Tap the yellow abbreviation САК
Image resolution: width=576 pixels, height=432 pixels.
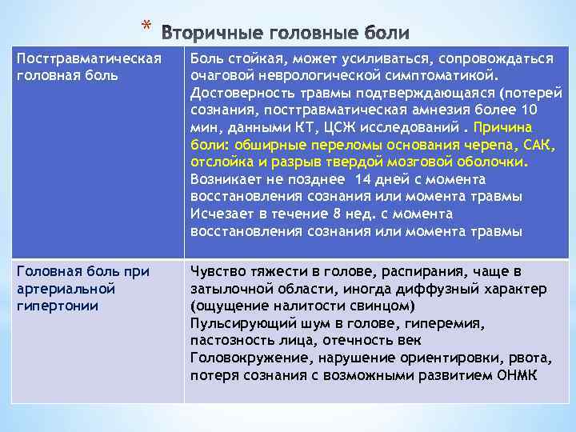[x=539, y=146]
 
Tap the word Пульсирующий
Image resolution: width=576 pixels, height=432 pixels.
[x=233, y=323]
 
